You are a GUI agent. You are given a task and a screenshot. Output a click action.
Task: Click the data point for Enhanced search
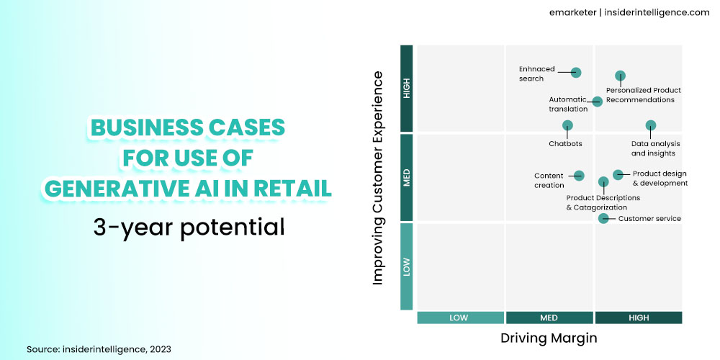[x=576, y=72]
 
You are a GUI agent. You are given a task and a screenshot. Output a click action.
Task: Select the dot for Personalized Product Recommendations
[x=620, y=76]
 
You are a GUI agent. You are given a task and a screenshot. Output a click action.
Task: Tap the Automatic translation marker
[x=597, y=102]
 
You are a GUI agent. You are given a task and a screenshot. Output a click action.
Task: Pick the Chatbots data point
[x=567, y=125]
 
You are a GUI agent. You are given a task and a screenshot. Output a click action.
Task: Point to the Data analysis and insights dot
[x=651, y=125]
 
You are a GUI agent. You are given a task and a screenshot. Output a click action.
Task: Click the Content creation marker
[x=579, y=175]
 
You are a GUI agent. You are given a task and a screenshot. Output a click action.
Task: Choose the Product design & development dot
[x=618, y=174]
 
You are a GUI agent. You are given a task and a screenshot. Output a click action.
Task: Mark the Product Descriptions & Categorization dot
[x=603, y=181]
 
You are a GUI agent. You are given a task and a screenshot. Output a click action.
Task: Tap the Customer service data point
[x=603, y=218]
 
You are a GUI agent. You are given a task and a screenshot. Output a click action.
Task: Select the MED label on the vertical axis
[x=407, y=178]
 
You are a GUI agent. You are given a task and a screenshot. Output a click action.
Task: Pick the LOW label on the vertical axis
[x=407, y=267]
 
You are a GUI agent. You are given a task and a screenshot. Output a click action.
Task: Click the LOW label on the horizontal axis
[x=460, y=318]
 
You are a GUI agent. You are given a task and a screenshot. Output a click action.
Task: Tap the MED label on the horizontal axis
[x=549, y=318]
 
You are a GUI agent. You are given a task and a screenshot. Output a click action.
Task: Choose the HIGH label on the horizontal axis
[x=638, y=318]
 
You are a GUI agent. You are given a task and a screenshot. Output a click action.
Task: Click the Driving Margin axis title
[x=549, y=337]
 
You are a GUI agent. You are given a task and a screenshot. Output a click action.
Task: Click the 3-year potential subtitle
[x=189, y=227]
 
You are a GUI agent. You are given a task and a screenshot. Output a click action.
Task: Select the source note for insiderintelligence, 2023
[x=99, y=348]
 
